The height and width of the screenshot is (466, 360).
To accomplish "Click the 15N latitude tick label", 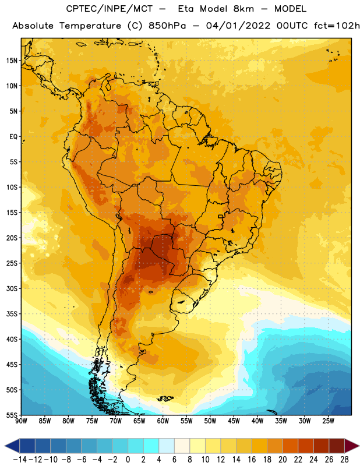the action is [12, 61].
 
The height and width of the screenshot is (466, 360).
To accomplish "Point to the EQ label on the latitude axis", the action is [13, 137].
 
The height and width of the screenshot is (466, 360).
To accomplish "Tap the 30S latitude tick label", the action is [12, 288].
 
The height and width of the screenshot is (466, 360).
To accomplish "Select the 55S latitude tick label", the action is [12, 415].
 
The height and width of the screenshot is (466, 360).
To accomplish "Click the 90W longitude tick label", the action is [21, 421].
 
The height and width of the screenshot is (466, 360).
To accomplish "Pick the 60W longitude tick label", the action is [163, 421].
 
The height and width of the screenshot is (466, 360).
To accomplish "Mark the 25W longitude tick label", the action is [328, 421].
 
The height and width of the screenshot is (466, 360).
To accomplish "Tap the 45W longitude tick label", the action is [234, 421].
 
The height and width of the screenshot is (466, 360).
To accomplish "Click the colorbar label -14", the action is [20, 460].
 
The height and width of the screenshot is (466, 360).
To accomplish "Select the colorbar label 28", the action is [344, 460].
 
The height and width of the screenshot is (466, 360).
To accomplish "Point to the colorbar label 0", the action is [128, 460].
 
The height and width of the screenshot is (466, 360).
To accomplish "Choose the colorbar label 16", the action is [252, 460].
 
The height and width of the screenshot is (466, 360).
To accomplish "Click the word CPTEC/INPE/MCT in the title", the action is [109, 9].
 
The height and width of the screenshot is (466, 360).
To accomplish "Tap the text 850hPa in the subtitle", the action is [167, 26].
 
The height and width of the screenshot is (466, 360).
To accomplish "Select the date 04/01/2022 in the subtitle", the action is [238, 26].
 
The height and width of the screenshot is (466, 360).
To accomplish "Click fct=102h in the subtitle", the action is [337, 26].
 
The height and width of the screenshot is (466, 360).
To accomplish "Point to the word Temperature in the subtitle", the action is [90, 26].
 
